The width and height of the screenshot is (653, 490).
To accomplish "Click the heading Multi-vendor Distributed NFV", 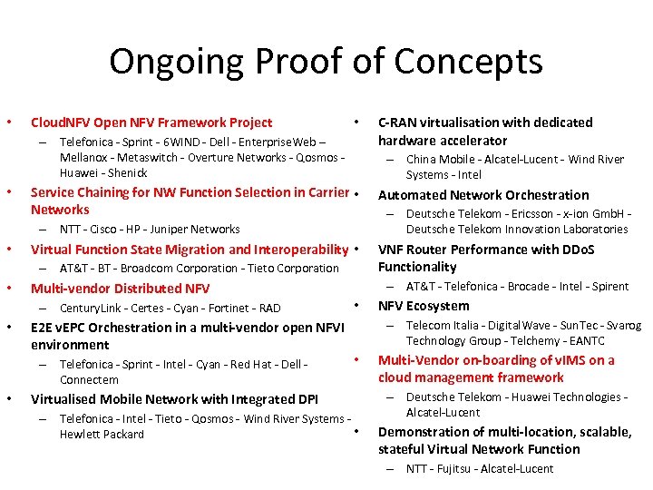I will point(120,289).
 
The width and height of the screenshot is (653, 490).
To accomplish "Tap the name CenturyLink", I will point(91,309).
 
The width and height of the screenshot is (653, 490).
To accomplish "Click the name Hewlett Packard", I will point(102,435).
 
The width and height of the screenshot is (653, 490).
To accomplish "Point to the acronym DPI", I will point(307,399).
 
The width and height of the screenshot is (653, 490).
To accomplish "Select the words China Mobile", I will point(442,160).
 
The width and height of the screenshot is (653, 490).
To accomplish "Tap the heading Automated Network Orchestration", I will point(482,195).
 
